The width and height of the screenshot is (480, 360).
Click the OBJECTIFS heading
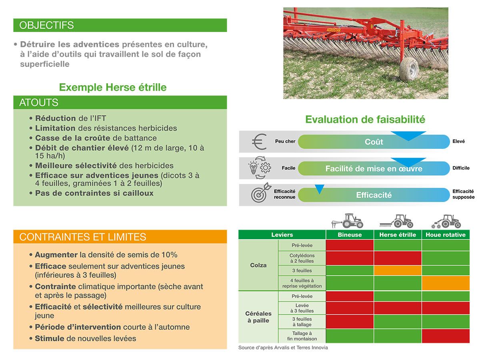[46, 25]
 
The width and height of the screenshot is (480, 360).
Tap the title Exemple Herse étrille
[113, 87]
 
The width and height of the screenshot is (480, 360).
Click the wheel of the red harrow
[408, 69]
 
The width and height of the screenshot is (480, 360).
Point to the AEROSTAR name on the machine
[334, 30]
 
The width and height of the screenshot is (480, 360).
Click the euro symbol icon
[259, 142]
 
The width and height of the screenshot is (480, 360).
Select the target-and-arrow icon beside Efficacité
[261, 193]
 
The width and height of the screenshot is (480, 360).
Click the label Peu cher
[285, 141]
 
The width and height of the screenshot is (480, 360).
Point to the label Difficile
[461, 168]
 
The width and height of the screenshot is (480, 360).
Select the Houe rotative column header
[446, 235]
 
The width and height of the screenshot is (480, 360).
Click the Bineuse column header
[350, 235]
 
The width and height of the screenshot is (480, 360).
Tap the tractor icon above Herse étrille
[396, 221]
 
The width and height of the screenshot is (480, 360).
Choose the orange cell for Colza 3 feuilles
[398, 270]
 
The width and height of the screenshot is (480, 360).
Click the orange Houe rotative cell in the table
[446, 283]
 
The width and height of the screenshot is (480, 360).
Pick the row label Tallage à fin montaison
[302, 336]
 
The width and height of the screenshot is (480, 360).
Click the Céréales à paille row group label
[258, 317]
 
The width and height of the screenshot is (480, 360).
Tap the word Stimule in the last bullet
[50, 338]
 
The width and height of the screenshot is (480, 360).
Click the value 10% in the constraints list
[170, 255]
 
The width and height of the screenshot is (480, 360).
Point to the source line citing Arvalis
[283, 348]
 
